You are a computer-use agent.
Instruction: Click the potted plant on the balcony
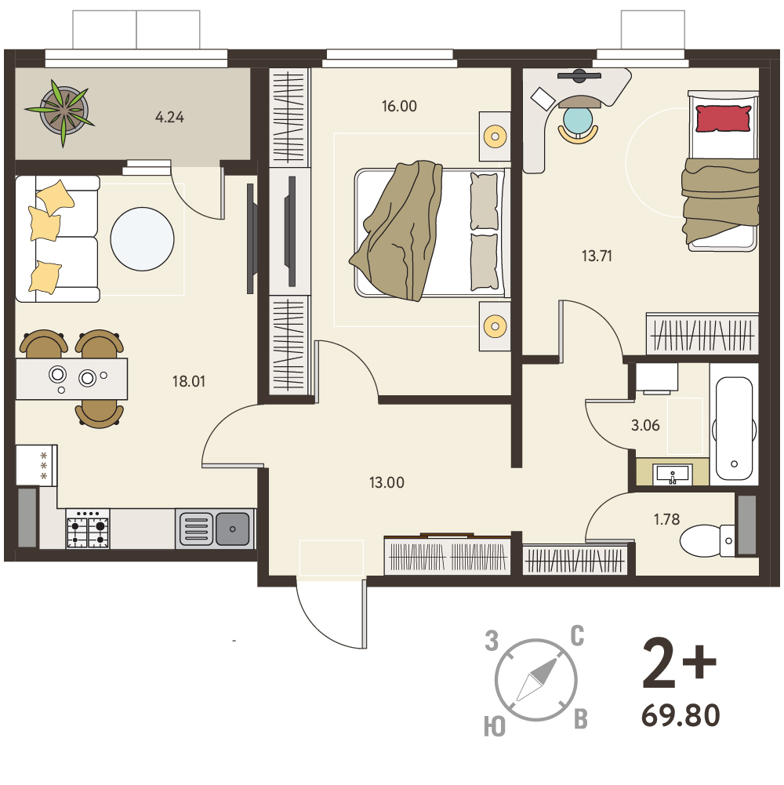[x=63, y=111]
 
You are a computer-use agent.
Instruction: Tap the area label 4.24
[x=169, y=117]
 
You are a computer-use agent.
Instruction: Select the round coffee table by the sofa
[x=142, y=239]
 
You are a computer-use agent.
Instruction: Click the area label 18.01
[x=189, y=381]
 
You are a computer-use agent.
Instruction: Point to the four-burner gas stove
[x=88, y=529]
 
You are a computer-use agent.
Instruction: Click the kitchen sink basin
[x=232, y=529]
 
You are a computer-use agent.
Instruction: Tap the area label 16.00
[x=399, y=106]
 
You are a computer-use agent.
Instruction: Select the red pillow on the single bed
[x=724, y=118]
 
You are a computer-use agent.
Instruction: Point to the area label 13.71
[x=597, y=256]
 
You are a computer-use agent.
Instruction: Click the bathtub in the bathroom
[x=734, y=429]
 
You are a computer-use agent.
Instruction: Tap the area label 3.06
[x=645, y=426]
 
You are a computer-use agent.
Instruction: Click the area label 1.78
[x=667, y=519]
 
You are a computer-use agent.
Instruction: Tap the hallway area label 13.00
[x=387, y=482]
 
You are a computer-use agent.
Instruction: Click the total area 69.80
[x=681, y=715]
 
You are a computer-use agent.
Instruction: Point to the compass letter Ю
[x=495, y=726]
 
